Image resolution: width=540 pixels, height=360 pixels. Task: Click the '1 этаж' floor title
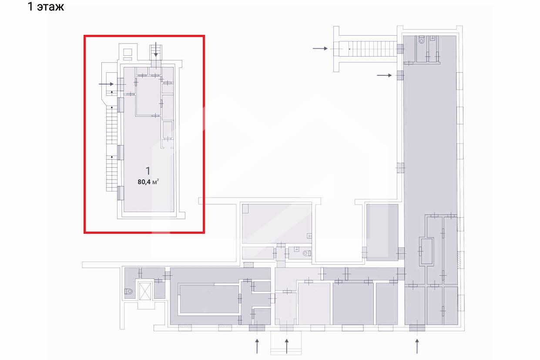46,7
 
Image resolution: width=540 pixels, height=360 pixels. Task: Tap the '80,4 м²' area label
148,182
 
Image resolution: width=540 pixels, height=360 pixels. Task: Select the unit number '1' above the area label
148,171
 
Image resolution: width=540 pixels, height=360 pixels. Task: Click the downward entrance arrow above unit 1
156,50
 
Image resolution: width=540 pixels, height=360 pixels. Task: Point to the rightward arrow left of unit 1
106,84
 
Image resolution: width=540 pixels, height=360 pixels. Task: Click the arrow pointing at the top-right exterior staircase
320,48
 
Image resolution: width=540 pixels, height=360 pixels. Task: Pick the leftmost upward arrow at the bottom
257,346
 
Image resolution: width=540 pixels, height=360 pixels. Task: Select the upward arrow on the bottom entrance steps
287,346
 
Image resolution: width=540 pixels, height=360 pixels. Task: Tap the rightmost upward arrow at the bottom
417,346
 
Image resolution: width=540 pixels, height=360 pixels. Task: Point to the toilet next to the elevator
128,291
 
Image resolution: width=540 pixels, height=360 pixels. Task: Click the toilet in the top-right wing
421,40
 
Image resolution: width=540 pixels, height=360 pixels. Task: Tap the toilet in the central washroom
307,253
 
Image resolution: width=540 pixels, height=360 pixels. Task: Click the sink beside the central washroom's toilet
296,249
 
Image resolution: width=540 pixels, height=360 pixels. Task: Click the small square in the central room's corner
245,209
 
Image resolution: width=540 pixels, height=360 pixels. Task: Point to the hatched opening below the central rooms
248,265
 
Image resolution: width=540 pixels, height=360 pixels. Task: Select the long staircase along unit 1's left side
112,148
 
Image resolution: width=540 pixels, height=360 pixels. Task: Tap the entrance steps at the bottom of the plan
286,343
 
